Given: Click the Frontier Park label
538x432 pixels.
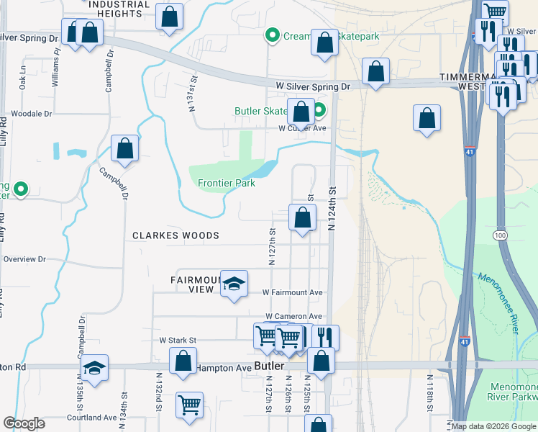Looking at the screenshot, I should click(x=227, y=183).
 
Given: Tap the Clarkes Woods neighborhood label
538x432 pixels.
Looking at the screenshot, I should click(x=175, y=235).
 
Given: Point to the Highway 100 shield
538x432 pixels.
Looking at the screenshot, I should click(x=499, y=235).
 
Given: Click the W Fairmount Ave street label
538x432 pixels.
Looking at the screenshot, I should click(x=292, y=293).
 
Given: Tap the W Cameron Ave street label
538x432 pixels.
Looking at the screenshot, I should click(x=293, y=316).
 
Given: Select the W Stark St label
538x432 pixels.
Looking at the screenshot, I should click(x=178, y=339).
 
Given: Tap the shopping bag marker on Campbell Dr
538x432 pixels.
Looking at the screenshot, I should click(x=124, y=149).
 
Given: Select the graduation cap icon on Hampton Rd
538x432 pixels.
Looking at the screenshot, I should click(x=94, y=368).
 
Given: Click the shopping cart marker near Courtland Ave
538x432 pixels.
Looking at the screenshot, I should click(x=189, y=405).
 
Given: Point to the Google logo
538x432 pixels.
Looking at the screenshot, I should click(x=24, y=423).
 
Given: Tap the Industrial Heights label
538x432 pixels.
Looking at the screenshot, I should click(x=119, y=9).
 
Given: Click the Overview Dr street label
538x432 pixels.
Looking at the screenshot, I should click(x=24, y=259).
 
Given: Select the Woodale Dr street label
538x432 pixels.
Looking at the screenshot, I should click(x=32, y=114).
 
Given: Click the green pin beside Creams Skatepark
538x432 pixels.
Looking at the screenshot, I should click(x=273, y=35).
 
